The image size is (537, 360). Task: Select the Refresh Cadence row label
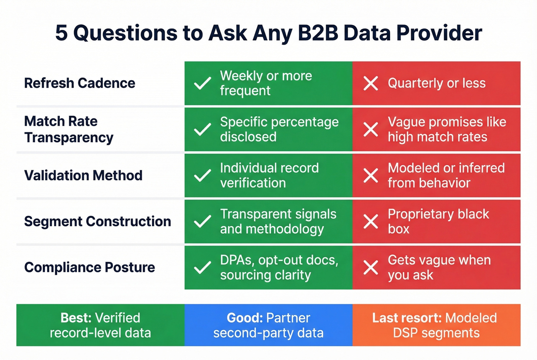(x=79, y=83)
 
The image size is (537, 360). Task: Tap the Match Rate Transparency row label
(x=69, y=129)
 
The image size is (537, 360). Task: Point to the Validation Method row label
(x=83, y=176)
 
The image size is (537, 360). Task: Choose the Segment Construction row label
(x=97, y=222)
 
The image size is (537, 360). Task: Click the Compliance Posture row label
(x=89, y=268)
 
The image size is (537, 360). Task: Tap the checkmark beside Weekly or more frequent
(x=203, y=83)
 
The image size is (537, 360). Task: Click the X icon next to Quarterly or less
(x=371, y=83)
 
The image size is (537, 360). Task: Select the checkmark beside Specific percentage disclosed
(x=203, y=129)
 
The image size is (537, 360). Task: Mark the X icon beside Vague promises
(x=371, y=129)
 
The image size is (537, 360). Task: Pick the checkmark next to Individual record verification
(x=203, y=176)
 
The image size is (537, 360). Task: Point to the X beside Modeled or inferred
(x=371, y=176)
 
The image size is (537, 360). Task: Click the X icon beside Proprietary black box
(x=371, y=222)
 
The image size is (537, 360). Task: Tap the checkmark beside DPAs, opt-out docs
(x=203, y=268)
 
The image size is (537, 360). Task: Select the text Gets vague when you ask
(x=439, y=268)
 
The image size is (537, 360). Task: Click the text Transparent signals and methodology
(x=278, y=222)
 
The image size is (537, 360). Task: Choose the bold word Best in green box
(x=76, y=318)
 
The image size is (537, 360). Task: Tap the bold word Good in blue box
(x=244, y=318)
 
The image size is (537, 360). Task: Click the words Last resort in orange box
(x=407, y=318)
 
